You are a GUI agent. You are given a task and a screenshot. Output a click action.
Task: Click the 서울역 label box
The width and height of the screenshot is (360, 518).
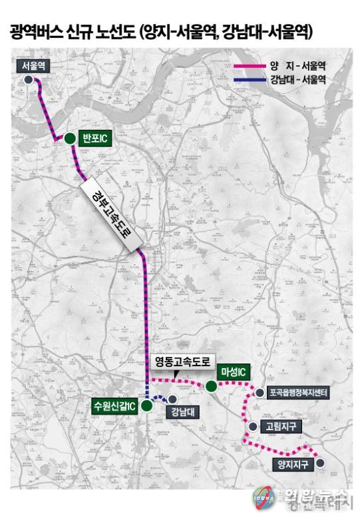[x=33, y=65]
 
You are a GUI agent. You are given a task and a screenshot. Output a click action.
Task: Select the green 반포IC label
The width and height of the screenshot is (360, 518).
[x=94, y=138]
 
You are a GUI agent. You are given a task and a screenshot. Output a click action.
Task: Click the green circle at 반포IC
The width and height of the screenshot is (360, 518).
[x=70, y=138]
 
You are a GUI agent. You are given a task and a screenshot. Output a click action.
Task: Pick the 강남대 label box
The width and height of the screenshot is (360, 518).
[x=181, y=410]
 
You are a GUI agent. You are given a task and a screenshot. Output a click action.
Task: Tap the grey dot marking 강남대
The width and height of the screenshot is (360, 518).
[x=172, y=399]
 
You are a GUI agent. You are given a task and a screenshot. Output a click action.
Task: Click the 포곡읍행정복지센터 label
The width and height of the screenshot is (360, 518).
[x=297, y=393]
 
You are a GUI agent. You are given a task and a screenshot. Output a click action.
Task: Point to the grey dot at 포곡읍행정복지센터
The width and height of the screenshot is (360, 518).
[x=260, y=393]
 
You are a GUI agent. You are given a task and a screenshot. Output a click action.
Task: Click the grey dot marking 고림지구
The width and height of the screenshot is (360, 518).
[x=252, y=427]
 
